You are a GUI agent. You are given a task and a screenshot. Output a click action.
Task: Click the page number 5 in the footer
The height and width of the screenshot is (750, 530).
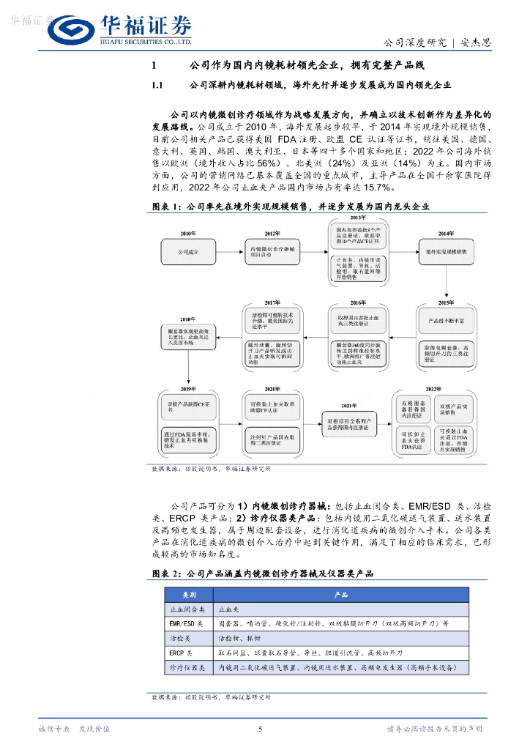coord(261,729)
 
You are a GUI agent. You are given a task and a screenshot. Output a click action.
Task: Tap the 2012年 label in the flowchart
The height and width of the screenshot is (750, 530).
coord(272,233)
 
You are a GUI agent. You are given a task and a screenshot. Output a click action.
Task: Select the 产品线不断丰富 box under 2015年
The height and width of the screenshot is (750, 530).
coord(447,321)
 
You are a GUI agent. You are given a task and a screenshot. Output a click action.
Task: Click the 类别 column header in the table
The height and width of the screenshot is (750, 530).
coord(190,594)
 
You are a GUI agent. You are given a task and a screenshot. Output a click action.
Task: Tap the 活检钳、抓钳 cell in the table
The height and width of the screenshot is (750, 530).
coord(242,638)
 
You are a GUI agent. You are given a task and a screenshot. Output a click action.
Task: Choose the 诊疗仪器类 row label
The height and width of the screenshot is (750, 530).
coord(185,667)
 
